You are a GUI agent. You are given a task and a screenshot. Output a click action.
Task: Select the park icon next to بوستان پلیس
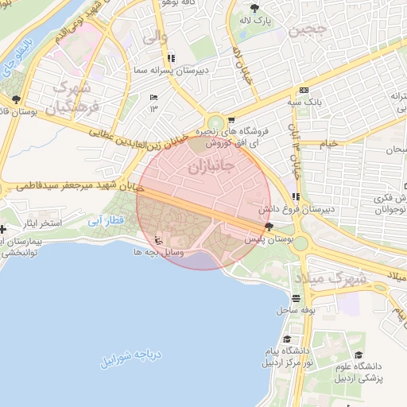[267, 227]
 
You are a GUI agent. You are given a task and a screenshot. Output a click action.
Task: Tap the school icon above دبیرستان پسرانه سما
[171, 59]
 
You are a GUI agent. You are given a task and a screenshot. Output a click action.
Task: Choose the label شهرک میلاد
[331, 278]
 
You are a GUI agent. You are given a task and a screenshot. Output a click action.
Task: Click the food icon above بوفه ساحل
[297, 299]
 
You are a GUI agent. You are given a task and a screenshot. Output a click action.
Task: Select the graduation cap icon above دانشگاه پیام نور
[286, 339]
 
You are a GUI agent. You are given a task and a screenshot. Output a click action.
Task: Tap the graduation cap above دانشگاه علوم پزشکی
[359, 355]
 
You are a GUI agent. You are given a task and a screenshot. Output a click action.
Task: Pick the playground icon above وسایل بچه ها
[158, 239]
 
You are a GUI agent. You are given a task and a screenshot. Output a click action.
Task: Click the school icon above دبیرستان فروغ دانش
[296, 196]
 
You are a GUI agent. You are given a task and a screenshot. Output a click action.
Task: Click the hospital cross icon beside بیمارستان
[3, 230]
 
